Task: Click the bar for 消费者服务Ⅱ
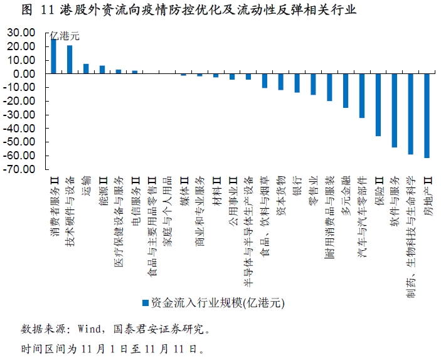53,56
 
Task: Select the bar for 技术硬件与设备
70,60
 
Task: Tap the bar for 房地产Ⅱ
427,115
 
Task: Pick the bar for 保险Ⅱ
378,105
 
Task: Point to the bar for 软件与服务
395,110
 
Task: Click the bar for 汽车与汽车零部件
362,95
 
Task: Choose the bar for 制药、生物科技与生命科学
410,114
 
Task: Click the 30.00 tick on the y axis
23,33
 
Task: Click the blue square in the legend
145,303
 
